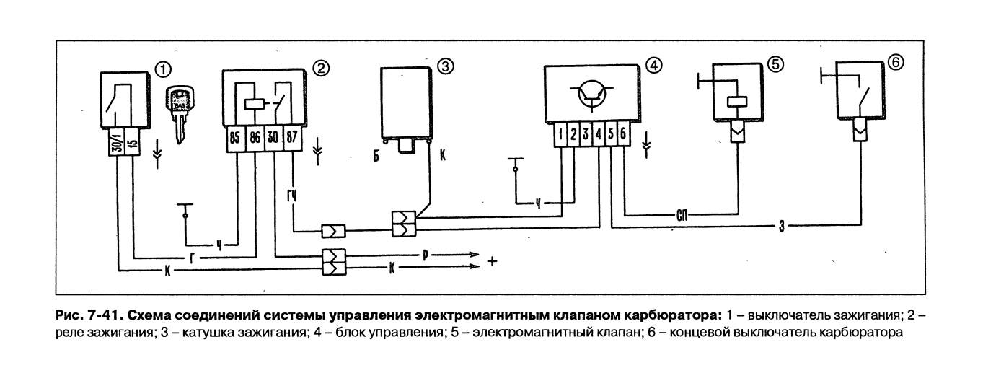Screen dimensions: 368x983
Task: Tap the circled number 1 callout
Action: coord(164,70)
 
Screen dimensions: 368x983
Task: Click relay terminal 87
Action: coord(292,138)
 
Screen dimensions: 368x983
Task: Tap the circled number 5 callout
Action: coord(775,65)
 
